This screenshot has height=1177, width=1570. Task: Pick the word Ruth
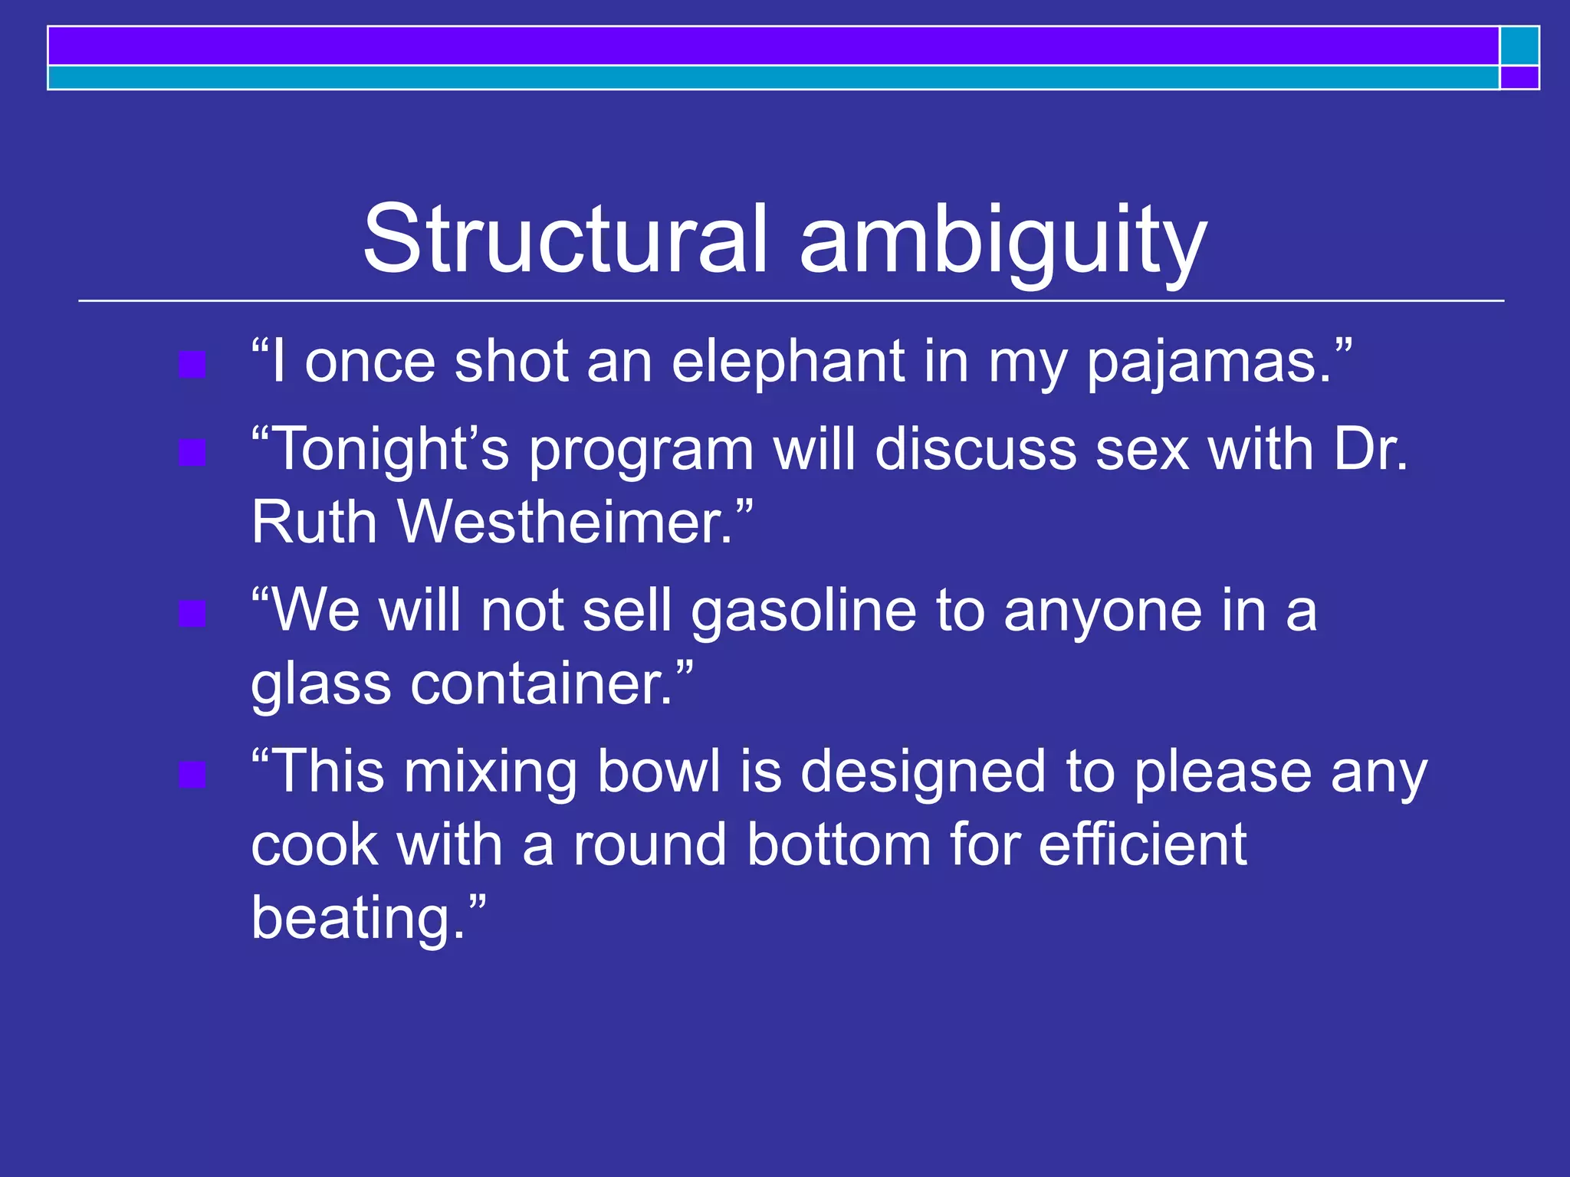[314, 523]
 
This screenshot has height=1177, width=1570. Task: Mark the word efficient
[1142, 844]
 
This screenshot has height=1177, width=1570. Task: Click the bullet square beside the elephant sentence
[192, 365]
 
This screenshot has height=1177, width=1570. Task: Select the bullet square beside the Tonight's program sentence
[192, 452]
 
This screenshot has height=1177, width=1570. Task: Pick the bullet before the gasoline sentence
[192, 614]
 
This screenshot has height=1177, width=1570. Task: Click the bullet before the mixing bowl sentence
[192, 775]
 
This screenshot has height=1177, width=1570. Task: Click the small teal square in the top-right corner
[1519, 46]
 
